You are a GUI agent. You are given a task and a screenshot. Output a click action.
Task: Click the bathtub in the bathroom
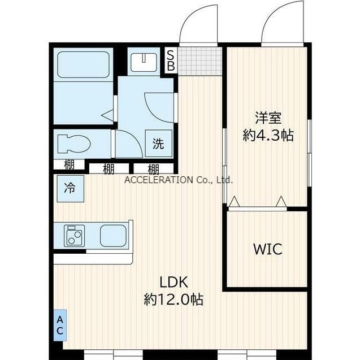click(x=83, y=64)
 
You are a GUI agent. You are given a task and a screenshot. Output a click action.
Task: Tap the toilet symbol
click(x=74, y=144)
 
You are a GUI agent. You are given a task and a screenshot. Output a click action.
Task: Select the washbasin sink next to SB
click(x=144, y=62)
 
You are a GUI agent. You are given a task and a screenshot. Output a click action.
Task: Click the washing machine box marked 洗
click(x=159, y=144)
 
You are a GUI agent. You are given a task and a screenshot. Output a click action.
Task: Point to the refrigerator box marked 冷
click(x=70, y=189)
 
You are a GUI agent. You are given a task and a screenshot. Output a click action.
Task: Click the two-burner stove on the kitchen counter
click(x=74, y=236)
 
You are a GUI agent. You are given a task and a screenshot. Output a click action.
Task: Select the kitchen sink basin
click(x=113, y=236)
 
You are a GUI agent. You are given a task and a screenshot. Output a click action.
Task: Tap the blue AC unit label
click(x=60, y=325)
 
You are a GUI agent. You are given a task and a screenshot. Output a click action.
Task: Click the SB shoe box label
click(x=171, y=61)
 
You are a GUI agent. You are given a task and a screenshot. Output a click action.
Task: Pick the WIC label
click(x=268, y=249)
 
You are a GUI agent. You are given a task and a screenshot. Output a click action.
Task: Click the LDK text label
click(x=174, y=283)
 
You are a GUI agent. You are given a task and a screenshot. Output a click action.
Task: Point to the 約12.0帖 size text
click(x=174, y=300)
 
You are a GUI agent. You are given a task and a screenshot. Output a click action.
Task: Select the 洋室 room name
click(x=268, y=118)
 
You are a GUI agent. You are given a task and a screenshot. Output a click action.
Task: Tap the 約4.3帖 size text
click(x=268, y=135)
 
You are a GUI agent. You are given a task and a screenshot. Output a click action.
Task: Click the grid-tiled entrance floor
click(x=200, y=61)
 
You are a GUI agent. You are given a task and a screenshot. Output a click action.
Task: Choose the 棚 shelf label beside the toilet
click(x=69, y=164)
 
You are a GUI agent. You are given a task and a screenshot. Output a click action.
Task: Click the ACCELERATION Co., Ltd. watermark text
click(x=179, y=180)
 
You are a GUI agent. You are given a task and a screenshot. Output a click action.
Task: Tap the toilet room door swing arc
click(x=135, y=138)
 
